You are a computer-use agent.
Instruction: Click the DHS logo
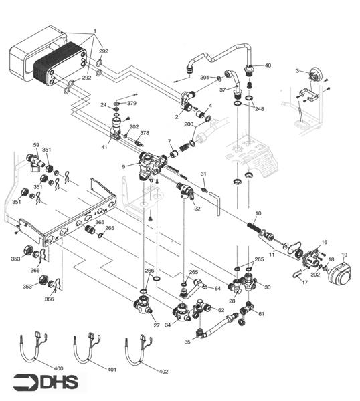(45, 382)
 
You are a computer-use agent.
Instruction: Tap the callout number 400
(58, 368)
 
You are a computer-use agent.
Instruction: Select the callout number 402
(163, 371)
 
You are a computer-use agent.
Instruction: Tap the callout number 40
(268, 65)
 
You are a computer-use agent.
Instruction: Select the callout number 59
(37, 144)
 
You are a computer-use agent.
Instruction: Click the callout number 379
(132, 104)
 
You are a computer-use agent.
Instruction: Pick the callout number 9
(124, 166)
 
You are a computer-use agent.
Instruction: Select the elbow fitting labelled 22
(187, 194)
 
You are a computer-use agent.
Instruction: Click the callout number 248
(259, 108)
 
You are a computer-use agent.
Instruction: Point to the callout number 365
(100, 222)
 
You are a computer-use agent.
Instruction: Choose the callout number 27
(157, 325)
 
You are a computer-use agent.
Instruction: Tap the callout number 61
(261, 313)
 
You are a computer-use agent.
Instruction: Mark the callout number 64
(217, 289)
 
